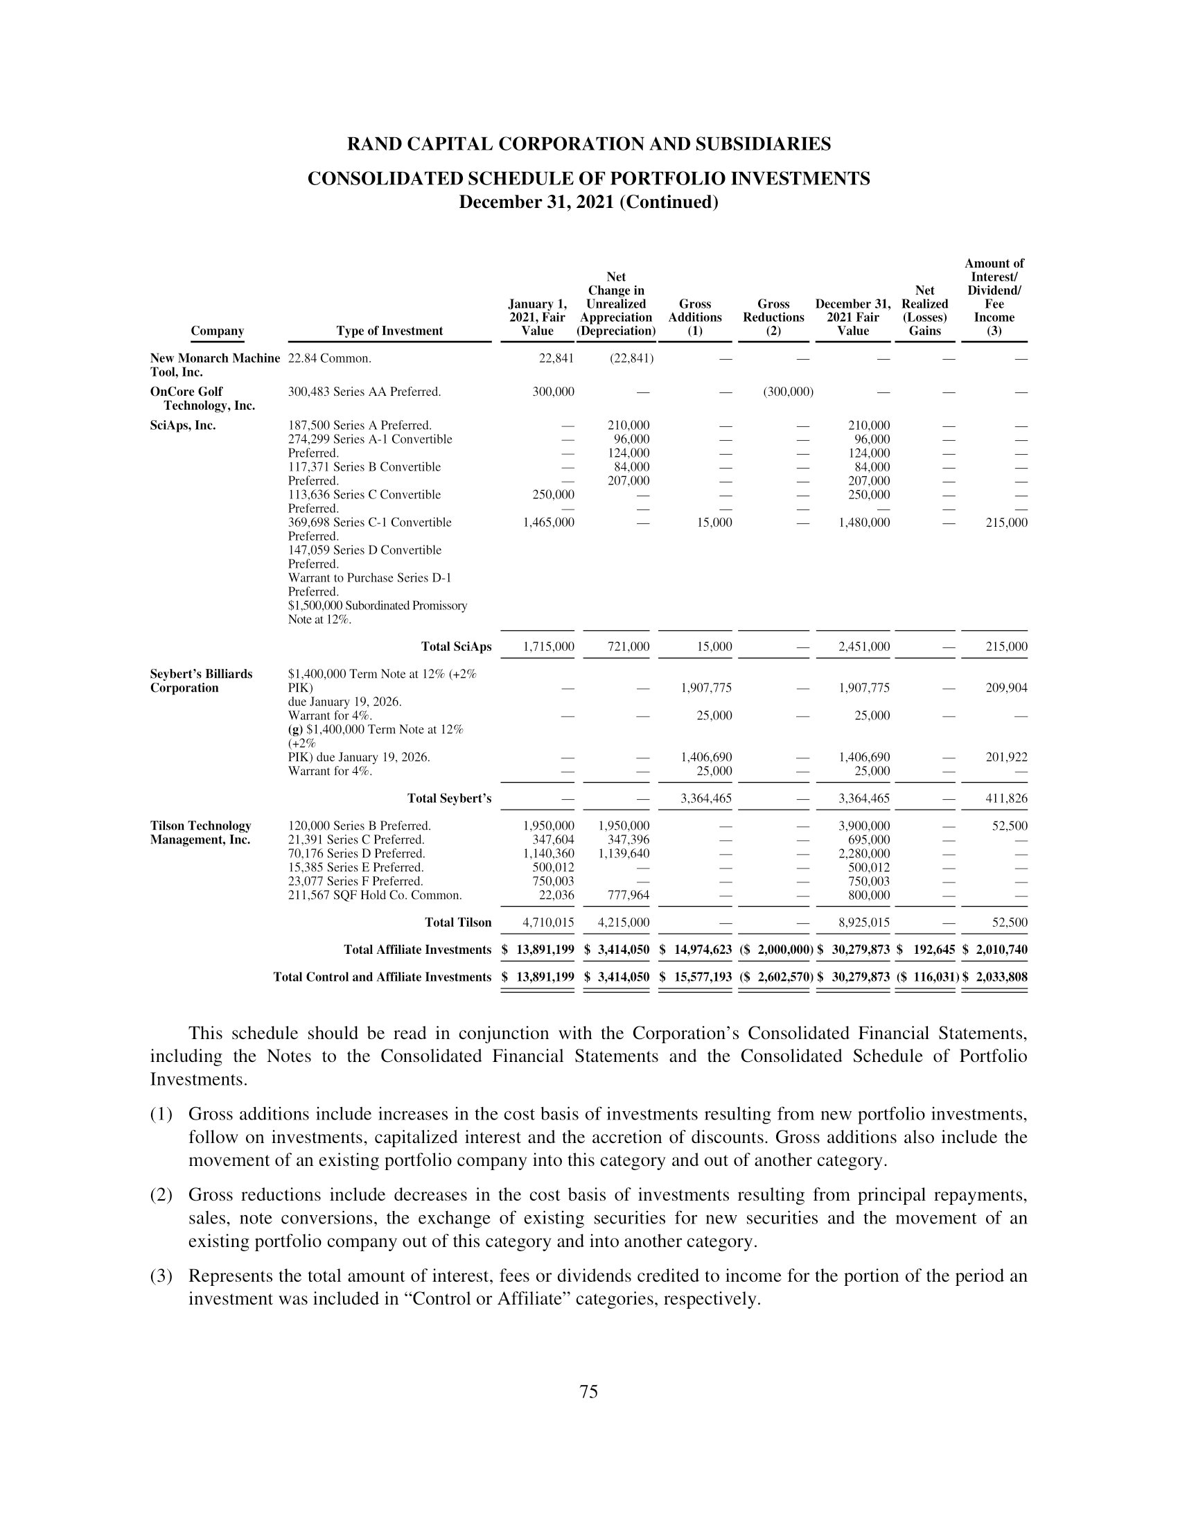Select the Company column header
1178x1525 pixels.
[217, 331]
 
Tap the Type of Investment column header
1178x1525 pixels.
[389, 331]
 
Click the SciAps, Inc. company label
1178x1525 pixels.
[183, 425]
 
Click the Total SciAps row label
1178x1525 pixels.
[457, 647]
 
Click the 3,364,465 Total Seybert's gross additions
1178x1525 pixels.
[706, 798]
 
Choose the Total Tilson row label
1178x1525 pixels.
[458, 923]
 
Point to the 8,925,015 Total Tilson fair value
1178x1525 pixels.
[864, 923]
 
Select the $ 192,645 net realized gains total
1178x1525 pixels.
[925, 950]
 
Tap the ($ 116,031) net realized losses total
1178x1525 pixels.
[925, 977]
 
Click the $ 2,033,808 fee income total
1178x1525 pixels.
[994, 977]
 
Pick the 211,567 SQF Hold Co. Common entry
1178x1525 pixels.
[375, 895]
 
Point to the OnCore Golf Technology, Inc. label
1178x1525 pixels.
[202, 399]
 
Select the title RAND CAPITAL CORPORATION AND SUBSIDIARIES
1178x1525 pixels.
[589, 145]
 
